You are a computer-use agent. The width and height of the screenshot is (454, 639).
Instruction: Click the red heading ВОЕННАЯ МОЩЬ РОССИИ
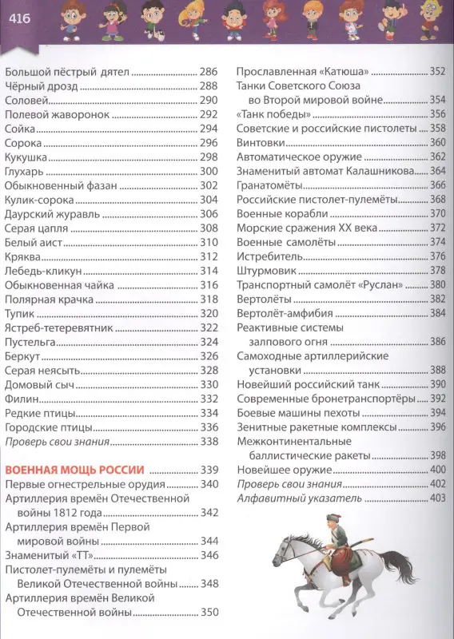pos(74,469)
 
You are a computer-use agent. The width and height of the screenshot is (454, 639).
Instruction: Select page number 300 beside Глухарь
pos(209,171)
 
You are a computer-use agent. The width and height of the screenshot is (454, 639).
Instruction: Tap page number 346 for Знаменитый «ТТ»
pos(209,555)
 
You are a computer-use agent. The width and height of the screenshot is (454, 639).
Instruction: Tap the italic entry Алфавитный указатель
pos(299,498)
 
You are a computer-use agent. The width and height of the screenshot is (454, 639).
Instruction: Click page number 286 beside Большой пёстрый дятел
pos(209,72)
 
